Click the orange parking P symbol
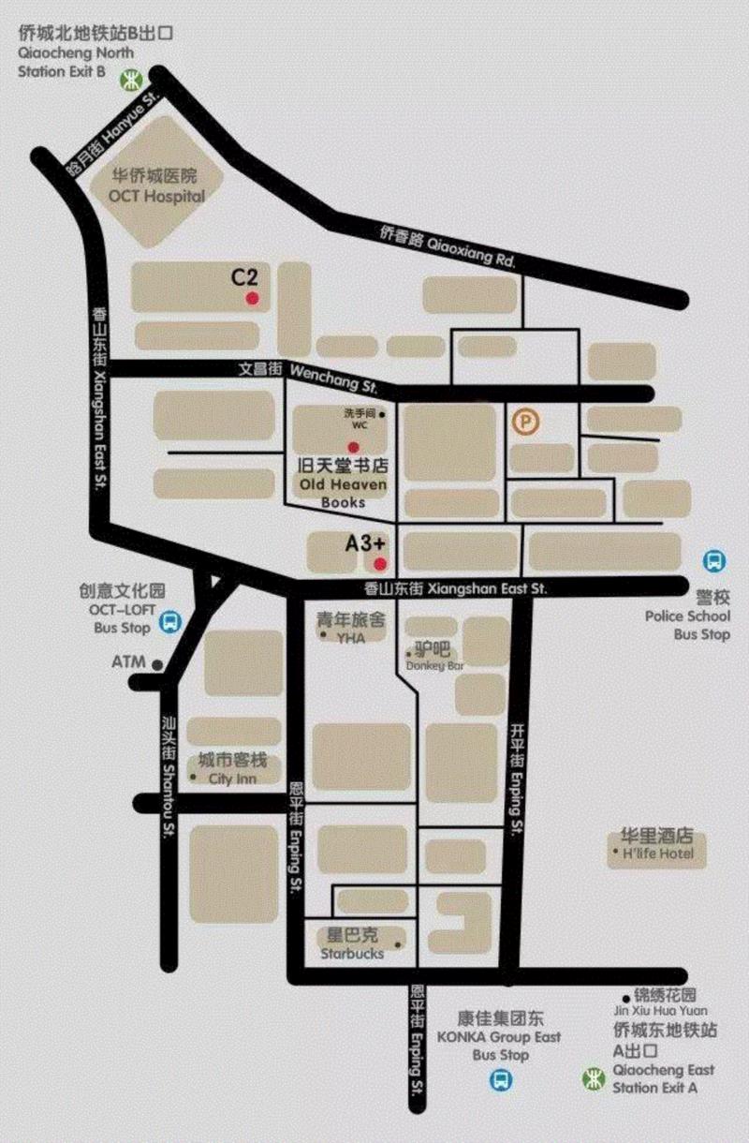click(526, 423)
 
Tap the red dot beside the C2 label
click(252, 299)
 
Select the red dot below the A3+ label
click(379, 563)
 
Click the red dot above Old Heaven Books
click(354, 447)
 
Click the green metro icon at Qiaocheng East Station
click(592, 1078)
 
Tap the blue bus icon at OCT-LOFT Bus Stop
click(169, 621)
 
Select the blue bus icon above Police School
click(714, 562)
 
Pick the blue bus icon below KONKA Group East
click(502, 1081)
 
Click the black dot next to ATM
click(158, 664)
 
